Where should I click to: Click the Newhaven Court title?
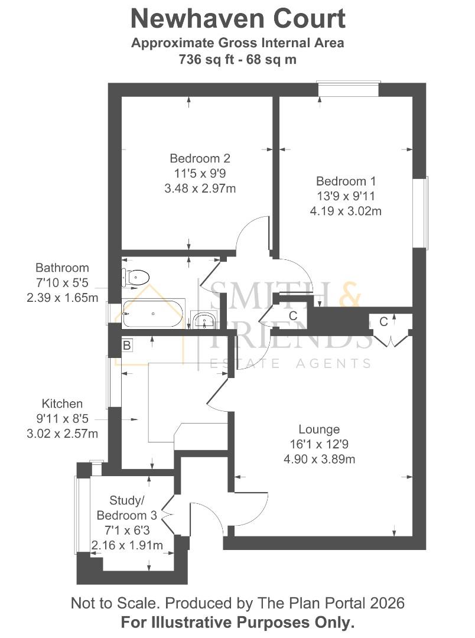click(x=237, y=18)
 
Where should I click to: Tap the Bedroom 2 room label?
click(x=200, y=158)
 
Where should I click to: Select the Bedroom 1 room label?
click(x=346, y=181)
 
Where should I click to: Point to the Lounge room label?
click(x=319, y=429)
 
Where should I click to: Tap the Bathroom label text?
click(x=62, y=268)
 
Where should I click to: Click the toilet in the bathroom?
click(x=135, y=276)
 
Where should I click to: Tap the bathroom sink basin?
click(x=204, y=321)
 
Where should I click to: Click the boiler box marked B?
click(x=126, y=345)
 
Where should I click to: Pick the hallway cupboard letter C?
click(x=292, y=316)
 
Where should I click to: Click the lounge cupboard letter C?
click(x=383, y=322)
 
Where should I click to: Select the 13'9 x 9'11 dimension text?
click(x=346, y=196)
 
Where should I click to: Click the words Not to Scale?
click(x=115, y=603)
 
